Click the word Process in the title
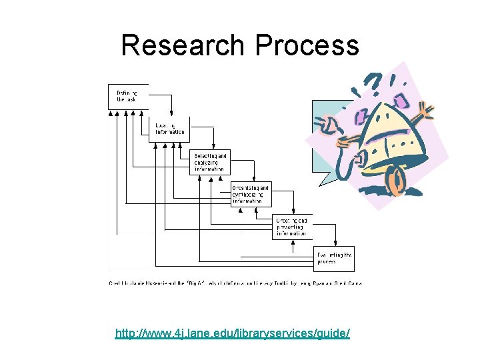(307, 45)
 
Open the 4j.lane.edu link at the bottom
(232, 333)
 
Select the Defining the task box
(127, 96)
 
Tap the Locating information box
(169, 129)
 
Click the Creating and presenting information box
(292, 227)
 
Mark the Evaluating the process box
(333, 258)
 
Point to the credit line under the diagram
(235, 283)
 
